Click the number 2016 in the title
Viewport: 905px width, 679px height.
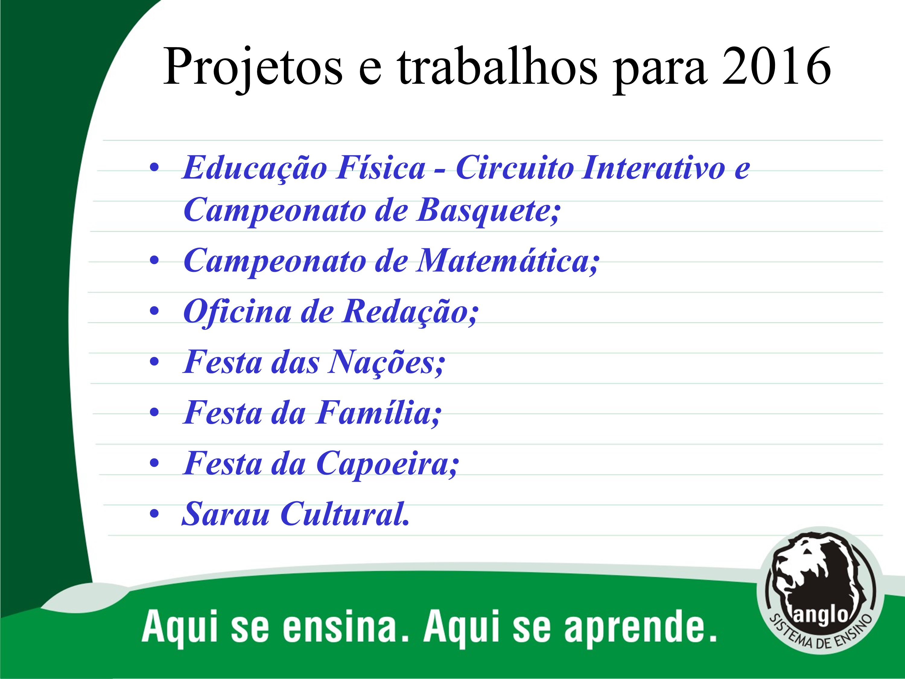pyautogui.click(x=776, y=66)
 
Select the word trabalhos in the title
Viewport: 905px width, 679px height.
pyautogui.click(x=497, y=66)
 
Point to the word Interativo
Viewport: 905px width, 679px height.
pyautogui.click(x=654, y=168)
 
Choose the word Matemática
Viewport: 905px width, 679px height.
pyautogui.click(x=508, y=261)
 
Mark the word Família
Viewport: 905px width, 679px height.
pyautogui.click(x=379, y=413)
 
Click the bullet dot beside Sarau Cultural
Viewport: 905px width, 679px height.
pyautogui.click(x=154, y=514)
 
